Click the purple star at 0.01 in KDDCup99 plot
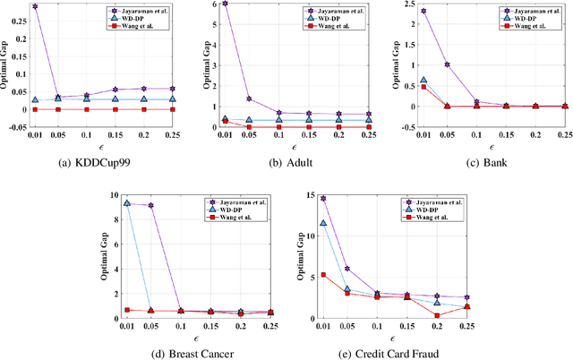coord(35,6)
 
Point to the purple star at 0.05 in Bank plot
coord(448,64)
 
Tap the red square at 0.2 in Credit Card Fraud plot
coord(437,315)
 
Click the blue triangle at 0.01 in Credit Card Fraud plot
coord(323,223)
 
